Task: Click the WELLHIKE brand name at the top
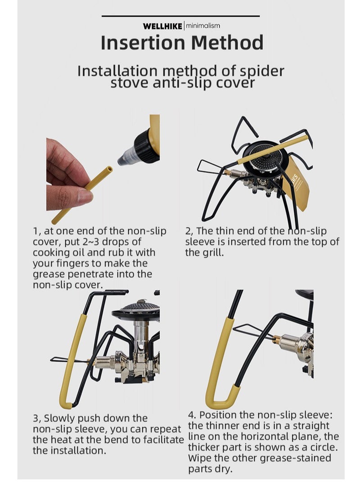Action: click(x=162, y=26)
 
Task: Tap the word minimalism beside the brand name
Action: click(x=203, y=26)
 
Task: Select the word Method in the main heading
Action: click(x=227, y=43)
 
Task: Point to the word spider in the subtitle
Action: click(x=261, y=71)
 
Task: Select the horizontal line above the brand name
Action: click(x=180, y=16)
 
